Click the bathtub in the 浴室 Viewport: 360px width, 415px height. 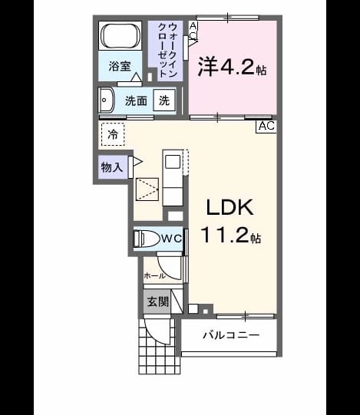(121, 36)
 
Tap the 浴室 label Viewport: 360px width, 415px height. (120, 66)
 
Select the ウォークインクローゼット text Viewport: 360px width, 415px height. (167, 50)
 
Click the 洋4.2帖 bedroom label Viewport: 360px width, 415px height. (233, 67)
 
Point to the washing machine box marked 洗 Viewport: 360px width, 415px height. (164, 100)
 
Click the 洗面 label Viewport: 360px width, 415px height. (136, 100)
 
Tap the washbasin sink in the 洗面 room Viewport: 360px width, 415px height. (106, 100)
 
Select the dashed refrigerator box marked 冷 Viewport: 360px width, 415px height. (113, 134)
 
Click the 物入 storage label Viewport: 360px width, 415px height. (112, 167)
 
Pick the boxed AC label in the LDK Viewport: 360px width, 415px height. (266, 126)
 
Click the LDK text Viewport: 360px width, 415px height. (230, 207)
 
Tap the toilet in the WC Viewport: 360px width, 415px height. (147, 239)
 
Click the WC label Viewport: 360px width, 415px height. (171, 239)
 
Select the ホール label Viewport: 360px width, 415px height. (155, 276)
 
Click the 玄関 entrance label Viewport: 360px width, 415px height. (158, 301)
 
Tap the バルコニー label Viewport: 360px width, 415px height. (231, 335)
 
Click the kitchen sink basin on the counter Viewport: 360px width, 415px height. (173, 162)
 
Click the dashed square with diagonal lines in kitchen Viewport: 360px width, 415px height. (147, 189)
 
